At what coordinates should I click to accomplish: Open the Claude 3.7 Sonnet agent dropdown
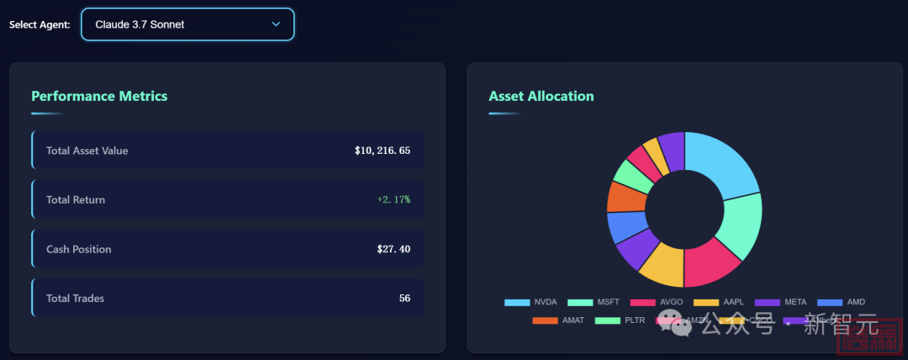pyautogui.click(x=187, y=24)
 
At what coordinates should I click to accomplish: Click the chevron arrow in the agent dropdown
pyautogui.click(x=276, y=24)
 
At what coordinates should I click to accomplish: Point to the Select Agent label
pyautogui.click(x=40, y=24)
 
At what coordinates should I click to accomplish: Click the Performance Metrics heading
pyautogui.click(x=99, y=96)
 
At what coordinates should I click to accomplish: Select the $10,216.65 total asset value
pyautogui.click(x=383, y=151)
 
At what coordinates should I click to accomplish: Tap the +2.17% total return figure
pyautogui.click(x=393, y=199)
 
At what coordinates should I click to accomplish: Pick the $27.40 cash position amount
pyautogui.click(x=393, y=249)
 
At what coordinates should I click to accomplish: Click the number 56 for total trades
pyautogui.click(x=404, y=298)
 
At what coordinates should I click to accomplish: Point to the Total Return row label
pyautogui.click(x=76, y=199)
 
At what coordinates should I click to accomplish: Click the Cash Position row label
pyautogui.click(x=78, y=249)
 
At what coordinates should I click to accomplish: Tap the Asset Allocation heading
pyautogui.click(x=541, y=96)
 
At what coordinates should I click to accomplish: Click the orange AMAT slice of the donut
pyautogui.click(x=620, y=196)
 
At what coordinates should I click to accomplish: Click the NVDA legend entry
pyautogui.click(x=531, y=302)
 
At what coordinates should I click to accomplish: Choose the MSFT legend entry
pyautogui.click(x=594, y=302)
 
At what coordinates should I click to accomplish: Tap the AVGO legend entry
pyautogui.click(x=657, y=302)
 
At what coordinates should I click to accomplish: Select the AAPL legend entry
pyautogui.click(x=721, y=302)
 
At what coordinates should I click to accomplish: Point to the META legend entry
pyautogui.click(x=784, y=302)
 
